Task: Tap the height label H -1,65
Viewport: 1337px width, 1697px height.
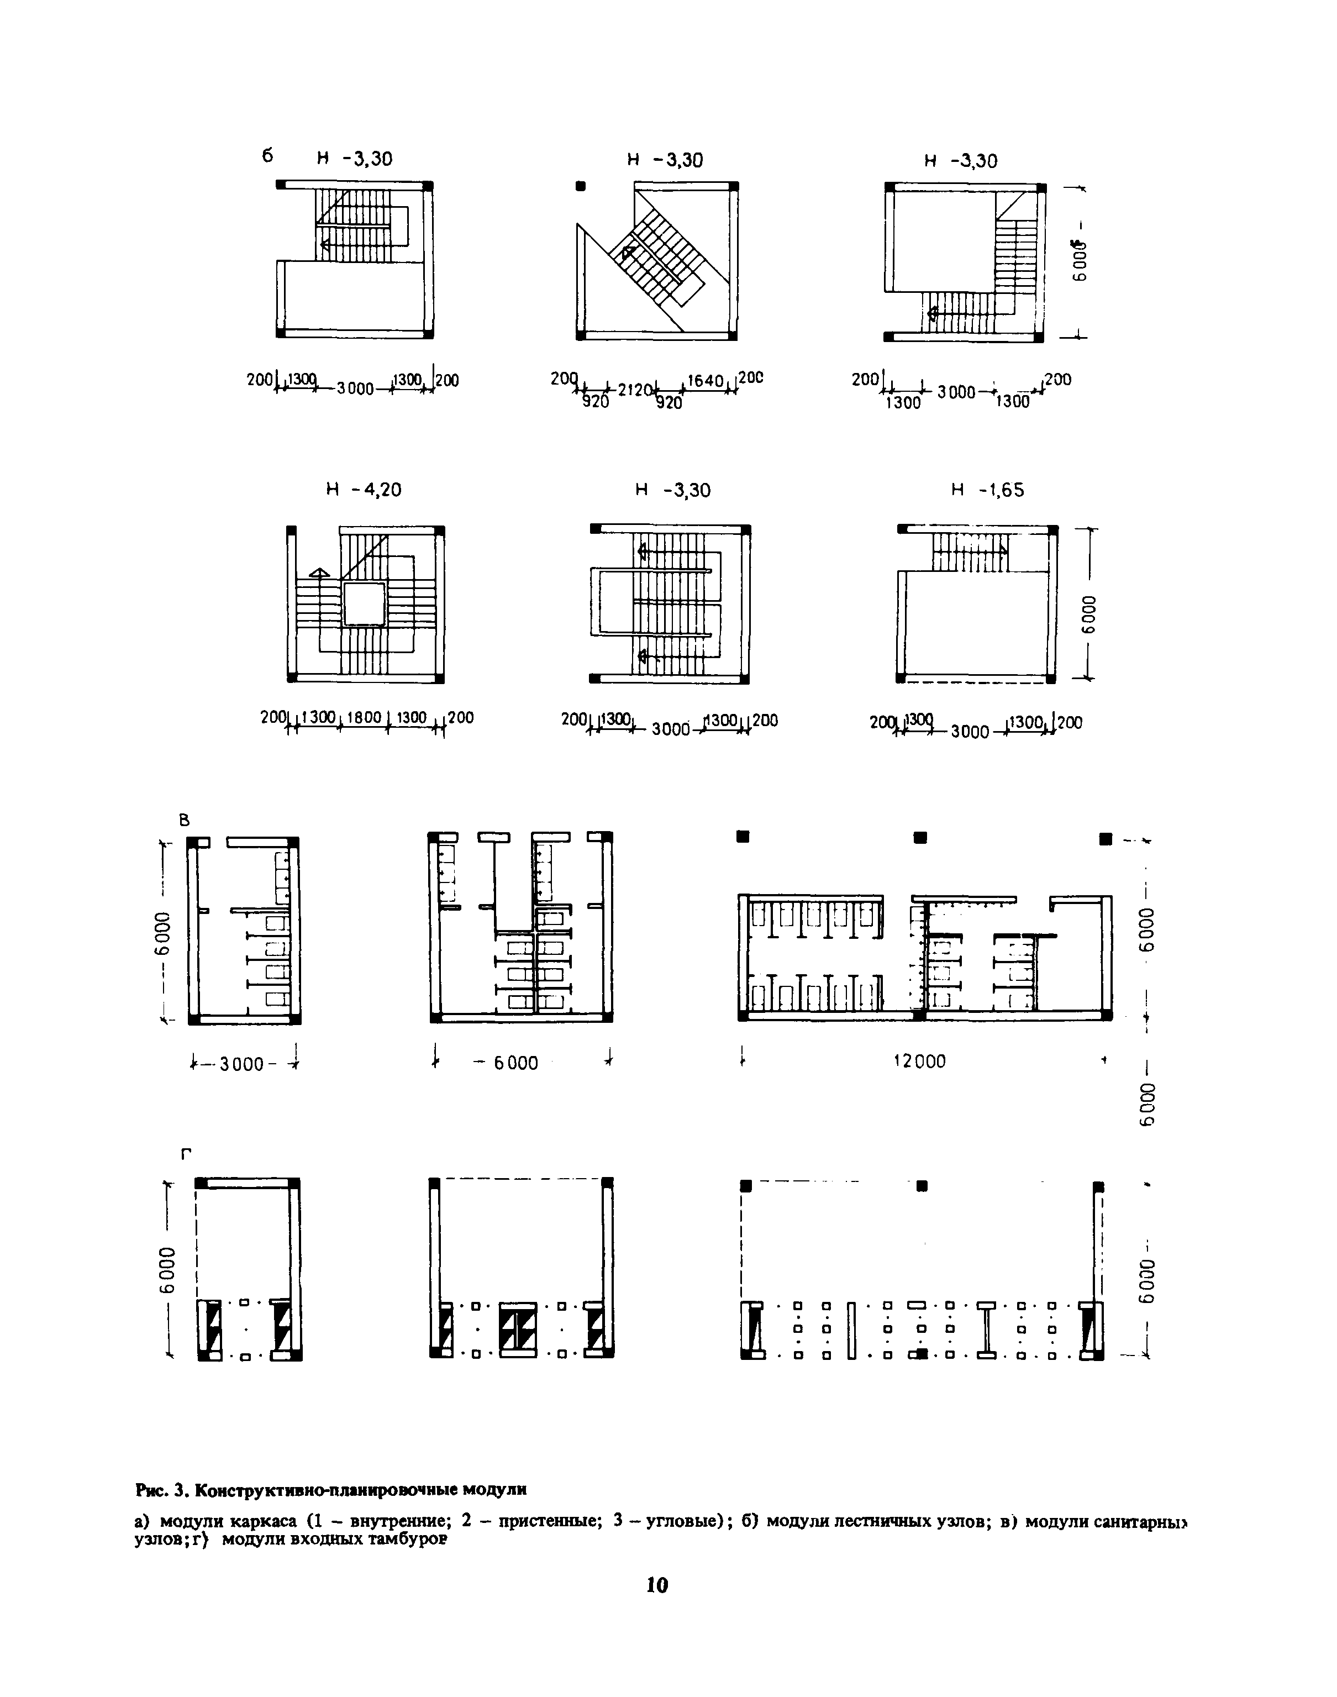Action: point(987,490)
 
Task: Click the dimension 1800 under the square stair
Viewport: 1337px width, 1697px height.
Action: point(362,717)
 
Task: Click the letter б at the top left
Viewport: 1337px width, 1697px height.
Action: point(268,156)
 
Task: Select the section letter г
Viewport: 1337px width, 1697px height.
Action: point(186,1153)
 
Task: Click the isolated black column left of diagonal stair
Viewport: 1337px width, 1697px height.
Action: point(580,186)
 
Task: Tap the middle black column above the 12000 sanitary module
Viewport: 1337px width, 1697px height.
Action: point(920,838)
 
